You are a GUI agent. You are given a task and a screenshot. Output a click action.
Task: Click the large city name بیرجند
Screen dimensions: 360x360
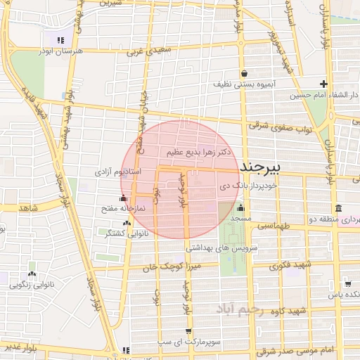pyautogui.click(x=260, y=167)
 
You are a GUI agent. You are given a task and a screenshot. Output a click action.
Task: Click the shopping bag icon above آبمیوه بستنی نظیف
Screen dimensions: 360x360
pyautogui.click(x=243, y=73)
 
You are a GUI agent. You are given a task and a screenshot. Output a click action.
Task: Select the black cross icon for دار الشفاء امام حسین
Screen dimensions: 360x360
pyautogui.click(x=323, y=84)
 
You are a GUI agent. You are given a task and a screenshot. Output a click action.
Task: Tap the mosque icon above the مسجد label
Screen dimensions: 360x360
pyautogui.click(x=240, y=207)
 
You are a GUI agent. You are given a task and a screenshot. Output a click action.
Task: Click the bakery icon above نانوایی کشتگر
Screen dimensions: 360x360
pyautogui.click(x=127, y=223)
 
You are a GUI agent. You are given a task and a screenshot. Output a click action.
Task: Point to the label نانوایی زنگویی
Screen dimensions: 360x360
pyautogui.click(x=30, y=285)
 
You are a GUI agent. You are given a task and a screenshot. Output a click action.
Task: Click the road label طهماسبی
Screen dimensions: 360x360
pyautogui.click(x=274, y=226)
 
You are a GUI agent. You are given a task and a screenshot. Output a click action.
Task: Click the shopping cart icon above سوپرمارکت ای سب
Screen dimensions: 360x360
pyautogui.click(x=188, y=330)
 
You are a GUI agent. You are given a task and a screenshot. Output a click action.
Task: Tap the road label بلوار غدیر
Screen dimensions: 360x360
pyautogui.click(x=21, y=347)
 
